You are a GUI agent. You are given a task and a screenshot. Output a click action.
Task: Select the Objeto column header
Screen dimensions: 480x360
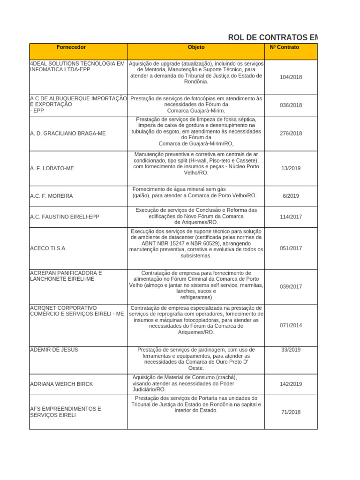(x=196, y=47)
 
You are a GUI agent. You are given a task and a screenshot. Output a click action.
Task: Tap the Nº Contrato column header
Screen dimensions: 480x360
(x=285, y=47)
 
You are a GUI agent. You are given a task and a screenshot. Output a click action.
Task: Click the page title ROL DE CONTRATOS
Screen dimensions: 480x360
(x=272, y=37)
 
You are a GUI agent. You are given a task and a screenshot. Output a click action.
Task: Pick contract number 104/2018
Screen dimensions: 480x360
(x=291, y=77)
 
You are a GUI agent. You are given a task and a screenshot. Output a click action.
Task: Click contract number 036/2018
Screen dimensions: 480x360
(x=291, y=105)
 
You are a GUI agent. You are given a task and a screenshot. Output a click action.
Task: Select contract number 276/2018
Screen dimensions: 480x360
(x=291, y=134)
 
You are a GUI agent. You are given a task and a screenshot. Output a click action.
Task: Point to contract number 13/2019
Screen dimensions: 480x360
(x=291, y=168)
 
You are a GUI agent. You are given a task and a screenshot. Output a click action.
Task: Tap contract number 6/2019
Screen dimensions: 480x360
(x=291, y=196)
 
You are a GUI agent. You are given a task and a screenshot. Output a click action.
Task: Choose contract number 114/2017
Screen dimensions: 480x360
(x=291, y=217)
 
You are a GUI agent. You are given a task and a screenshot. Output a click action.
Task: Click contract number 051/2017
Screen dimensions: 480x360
(x=291, y=249)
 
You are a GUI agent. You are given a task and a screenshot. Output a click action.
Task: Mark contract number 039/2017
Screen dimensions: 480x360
(x=291, y=286)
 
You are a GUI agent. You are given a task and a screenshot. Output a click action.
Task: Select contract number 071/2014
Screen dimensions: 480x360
(x=291, y=325)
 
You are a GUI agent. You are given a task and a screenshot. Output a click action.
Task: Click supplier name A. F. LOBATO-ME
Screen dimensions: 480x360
(x=52, y=168)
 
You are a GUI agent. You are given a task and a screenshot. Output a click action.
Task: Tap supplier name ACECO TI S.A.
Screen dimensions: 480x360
(x=48, y=248)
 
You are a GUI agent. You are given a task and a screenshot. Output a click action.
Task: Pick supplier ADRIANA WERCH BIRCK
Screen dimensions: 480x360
(x=61, y=384)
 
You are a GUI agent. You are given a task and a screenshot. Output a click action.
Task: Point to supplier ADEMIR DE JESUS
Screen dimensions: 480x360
(x=54, y=350)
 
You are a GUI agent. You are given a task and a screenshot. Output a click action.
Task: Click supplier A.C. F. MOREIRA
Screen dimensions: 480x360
(x=52, y=196)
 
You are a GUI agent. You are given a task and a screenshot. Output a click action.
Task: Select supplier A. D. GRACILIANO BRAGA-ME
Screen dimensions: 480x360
(x=68, y=134)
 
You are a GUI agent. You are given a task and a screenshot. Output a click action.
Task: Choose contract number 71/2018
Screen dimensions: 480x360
(x=291, y=412)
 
